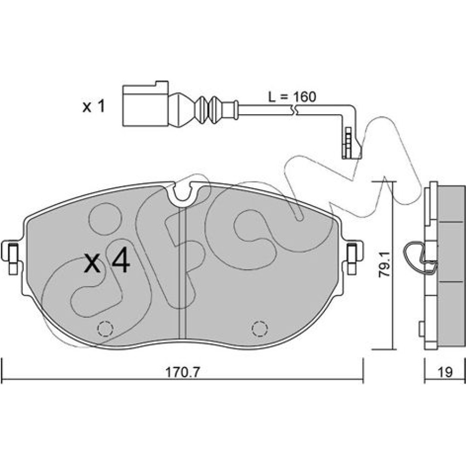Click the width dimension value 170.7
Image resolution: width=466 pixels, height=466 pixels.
click(182, 372)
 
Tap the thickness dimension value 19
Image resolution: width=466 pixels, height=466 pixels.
click(445, 372)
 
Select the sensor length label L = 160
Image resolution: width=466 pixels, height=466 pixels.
click(292, 97)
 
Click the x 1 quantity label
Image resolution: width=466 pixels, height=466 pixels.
click(94, 107)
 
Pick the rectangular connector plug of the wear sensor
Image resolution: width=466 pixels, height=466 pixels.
click(145, 103)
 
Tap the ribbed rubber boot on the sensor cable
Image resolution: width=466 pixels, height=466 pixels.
click(205, 109)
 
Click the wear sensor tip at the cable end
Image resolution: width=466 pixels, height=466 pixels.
click(351, 144)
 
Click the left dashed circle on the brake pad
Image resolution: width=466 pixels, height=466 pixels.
click(105, 329)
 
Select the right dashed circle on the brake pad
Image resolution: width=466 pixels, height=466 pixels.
click(260, 329)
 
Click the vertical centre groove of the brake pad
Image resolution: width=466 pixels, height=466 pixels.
click(182, 273)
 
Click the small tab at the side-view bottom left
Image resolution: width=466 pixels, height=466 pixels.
click(421, 329)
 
